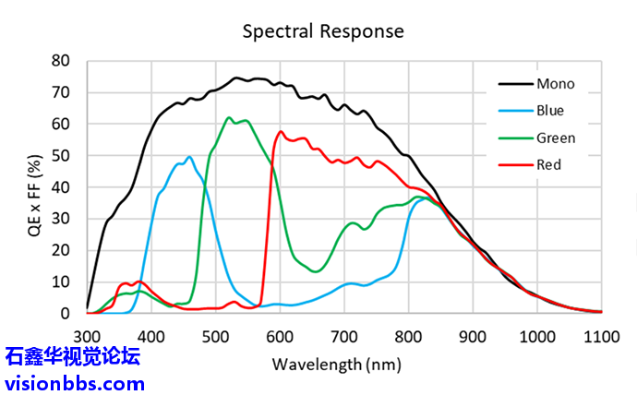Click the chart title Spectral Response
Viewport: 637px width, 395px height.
pos(323,30)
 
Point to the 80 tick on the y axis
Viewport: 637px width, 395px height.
pos(61,61)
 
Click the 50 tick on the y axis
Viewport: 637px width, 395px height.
pos(61,156)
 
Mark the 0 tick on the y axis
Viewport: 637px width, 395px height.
pos(66,314)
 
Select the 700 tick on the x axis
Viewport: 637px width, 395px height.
pos(343,337)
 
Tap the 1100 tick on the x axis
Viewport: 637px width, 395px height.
pos(601,337)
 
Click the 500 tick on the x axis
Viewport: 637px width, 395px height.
pos(215,337)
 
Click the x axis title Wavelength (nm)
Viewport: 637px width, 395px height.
pos(336,364)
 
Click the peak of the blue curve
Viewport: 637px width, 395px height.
pos(189,157)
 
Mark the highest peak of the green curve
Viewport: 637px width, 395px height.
pos(229,117)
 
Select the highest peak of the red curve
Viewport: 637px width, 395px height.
pos(281,131)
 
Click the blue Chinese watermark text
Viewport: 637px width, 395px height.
pos(74,356)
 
